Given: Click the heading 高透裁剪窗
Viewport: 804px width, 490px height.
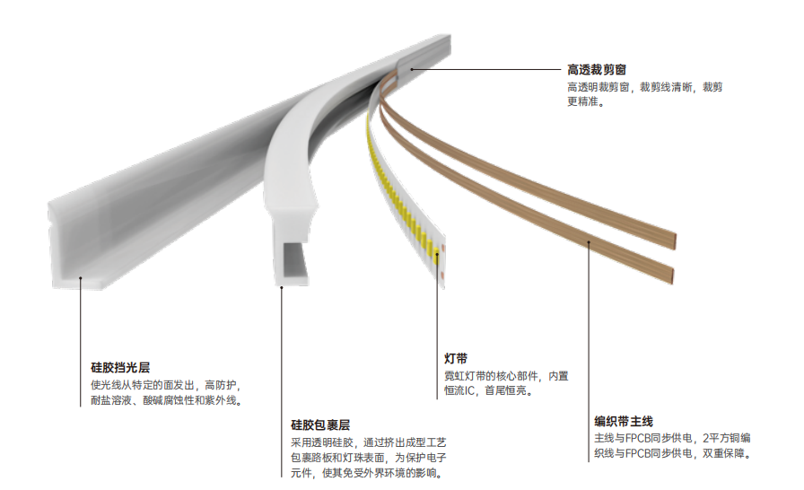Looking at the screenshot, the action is coord(597,70).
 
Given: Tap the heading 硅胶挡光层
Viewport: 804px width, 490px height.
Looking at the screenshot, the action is coord(120,368).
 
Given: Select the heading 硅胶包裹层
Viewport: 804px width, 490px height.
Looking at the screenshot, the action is coord(320,424).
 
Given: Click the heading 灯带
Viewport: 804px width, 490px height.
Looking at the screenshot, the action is coord(456,358).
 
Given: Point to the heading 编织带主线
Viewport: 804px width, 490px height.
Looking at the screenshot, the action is coord(624,421).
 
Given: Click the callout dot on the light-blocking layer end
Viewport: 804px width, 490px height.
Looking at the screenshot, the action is coord(80,278).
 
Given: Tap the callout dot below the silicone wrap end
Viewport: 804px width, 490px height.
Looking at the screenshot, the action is coord(282,287).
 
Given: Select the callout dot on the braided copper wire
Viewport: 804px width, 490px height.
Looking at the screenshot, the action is coord(589,242).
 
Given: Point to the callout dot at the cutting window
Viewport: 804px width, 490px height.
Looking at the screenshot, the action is coord(411,69).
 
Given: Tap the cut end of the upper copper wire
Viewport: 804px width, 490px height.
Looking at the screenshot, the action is coord(675,241).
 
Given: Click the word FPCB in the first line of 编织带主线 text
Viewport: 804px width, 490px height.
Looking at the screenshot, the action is coord(638,438).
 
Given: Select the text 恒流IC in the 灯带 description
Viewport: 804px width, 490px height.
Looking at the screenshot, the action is coord(459,390).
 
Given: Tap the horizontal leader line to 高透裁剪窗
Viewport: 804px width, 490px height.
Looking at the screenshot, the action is coord(486,69).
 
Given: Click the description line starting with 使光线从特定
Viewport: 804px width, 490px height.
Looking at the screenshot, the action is coord(166,385).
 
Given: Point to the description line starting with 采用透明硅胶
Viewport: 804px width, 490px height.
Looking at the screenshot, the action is coord(369,442).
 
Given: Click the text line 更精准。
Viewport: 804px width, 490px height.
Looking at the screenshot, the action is coord(586,101).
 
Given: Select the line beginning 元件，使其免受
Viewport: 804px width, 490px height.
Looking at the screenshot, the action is coord(367,473).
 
